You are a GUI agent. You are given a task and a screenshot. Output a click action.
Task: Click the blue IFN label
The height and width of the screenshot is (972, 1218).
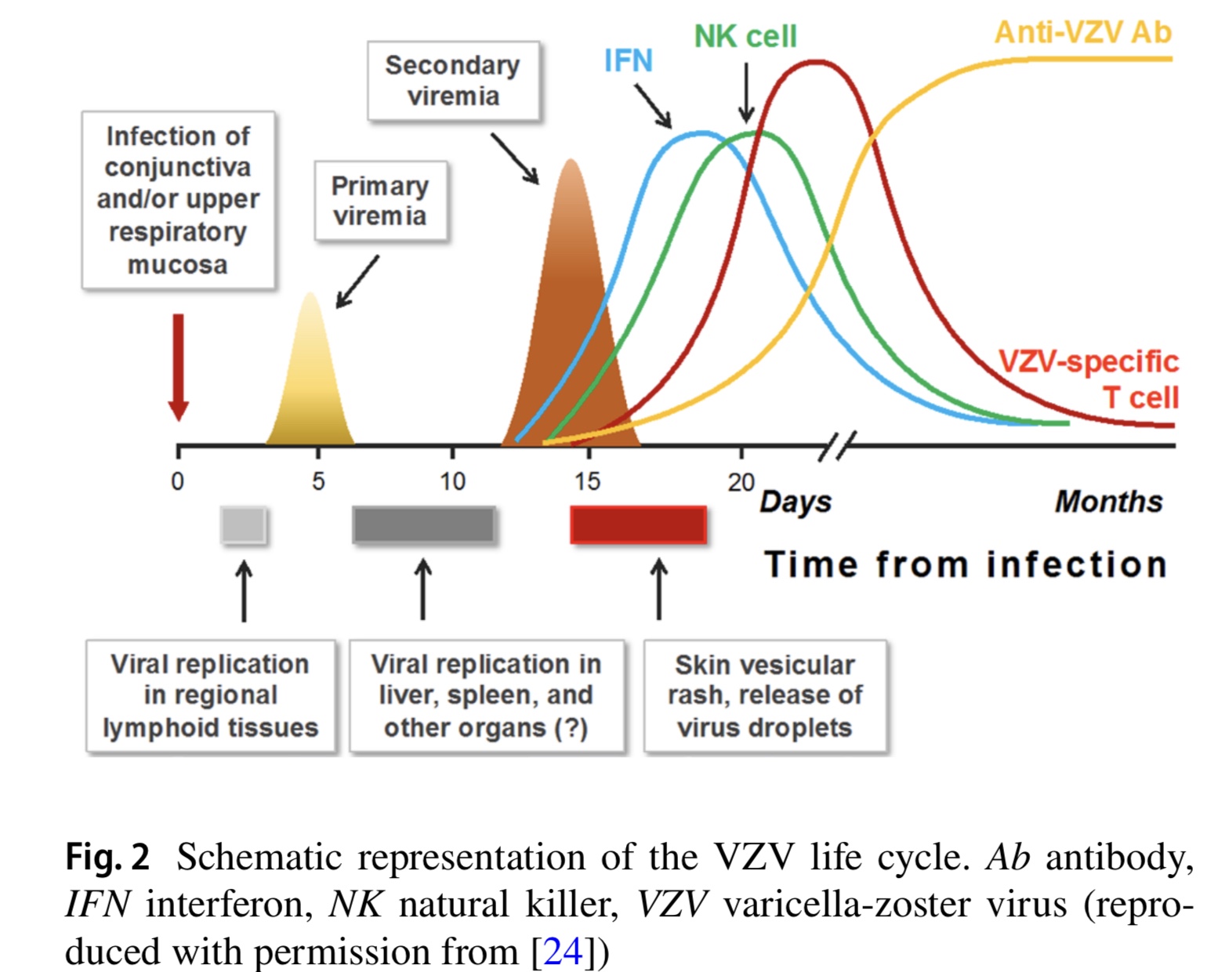(x=628, y=61)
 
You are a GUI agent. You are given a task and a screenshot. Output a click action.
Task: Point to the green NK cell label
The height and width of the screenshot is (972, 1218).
(x=745, y=36)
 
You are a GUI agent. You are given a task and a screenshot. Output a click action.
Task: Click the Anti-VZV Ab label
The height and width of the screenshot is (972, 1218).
(x=1082, y=33)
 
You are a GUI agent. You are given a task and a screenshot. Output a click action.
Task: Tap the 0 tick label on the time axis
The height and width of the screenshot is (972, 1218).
(x=178, y=481)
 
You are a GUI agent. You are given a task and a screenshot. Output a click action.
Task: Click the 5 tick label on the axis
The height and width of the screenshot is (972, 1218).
(x=317, y=481)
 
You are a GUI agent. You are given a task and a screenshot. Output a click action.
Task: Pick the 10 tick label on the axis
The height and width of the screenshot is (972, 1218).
(x=452, y=481)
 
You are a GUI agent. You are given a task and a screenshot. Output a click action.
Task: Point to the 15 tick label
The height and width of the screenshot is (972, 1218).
(x=587, y=481)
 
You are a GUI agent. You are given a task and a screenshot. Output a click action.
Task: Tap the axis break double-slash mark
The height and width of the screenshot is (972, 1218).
(x=837, y=446)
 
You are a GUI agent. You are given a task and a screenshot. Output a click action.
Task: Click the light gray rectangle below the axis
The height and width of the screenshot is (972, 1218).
(x=244, y=525)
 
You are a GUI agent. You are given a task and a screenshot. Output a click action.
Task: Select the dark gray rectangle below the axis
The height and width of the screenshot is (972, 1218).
(x=423, y=525)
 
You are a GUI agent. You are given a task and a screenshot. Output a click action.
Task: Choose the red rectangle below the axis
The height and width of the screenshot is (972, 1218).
(x=639, y=525)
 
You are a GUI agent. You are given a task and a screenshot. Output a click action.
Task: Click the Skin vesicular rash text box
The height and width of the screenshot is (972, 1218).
(x=765, y=696)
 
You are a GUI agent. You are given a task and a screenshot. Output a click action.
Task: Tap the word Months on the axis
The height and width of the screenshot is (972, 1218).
(x=1108, y=502)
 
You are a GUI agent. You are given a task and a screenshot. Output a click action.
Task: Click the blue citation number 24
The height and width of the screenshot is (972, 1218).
(x=563, y=951)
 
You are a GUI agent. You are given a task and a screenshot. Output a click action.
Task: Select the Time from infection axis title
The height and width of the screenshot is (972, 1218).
(x=966, y=564)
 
